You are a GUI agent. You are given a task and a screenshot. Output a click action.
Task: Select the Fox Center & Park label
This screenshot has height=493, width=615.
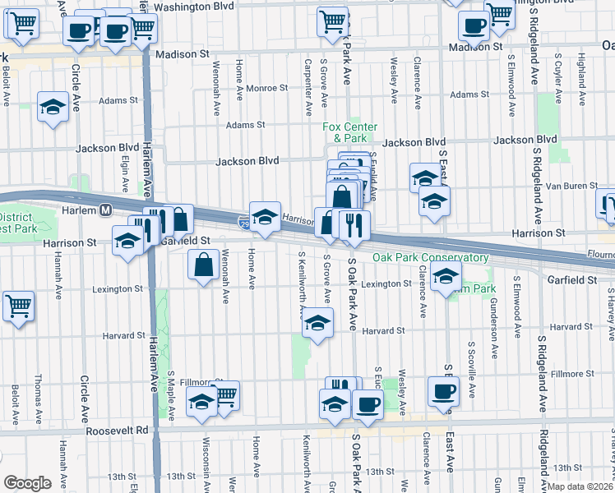pos(349,132)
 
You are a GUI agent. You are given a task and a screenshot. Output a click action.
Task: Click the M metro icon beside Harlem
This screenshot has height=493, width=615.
pos(106,210)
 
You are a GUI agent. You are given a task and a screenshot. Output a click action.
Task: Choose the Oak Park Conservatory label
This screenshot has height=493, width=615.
pos(431,257)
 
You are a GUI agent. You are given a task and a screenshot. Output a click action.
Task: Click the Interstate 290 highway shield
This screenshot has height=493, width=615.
pos(243,222)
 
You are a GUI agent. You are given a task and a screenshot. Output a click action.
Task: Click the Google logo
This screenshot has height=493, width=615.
pos(27,483)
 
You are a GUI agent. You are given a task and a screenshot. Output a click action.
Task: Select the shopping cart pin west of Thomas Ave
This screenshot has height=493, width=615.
pos(18,306)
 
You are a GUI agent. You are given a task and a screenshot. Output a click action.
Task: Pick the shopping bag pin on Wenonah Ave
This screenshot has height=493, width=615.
pos(202,265)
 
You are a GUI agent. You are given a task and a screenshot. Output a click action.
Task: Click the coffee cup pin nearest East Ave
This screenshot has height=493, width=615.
pos(443,392)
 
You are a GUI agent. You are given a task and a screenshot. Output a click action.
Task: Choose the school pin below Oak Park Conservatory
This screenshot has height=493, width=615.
pos(445,277)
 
